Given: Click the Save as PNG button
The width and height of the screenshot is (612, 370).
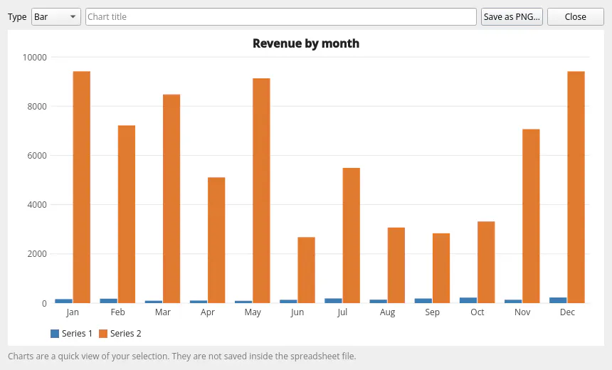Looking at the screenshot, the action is pos(512,17).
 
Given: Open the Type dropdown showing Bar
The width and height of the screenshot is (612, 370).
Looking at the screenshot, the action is pos(56,17).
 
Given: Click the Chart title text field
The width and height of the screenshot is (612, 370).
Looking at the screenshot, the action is pos(280,17).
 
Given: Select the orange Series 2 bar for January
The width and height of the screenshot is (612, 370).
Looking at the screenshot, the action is pos(82,187).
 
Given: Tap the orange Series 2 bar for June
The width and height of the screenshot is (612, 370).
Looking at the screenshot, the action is pos(307,270).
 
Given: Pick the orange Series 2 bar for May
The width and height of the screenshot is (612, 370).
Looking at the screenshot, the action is pos(261,191).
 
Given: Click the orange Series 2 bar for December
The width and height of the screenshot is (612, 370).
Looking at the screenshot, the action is pos(576,187).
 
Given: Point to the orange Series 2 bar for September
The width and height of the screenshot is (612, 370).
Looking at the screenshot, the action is pos(441,268).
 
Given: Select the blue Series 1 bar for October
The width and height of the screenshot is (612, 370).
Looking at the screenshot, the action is pos(468,300).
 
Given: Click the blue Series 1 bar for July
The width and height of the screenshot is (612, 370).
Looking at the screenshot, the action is pos(333,301).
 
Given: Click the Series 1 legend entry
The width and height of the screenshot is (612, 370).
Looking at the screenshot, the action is pos(71,333).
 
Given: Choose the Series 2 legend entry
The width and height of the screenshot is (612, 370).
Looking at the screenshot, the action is pos(120,333).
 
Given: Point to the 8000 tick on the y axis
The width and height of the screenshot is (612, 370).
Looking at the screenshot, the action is pos(37,107).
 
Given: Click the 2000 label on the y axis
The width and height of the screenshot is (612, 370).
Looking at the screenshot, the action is pos(37,254).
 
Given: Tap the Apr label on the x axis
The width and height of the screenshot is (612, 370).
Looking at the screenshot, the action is pos(208,312).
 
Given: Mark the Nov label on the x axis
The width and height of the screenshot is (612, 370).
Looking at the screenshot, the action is pos(522,312).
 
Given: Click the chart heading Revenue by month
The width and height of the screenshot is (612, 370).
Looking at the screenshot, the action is pos(306,43).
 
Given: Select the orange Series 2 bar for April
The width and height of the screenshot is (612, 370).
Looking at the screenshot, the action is pos(216,240).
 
